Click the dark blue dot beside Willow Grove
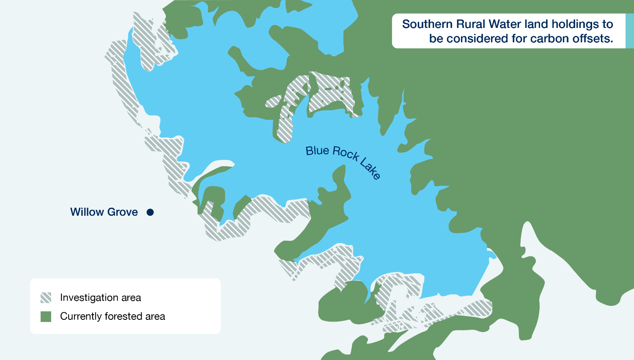(x=150, y=212)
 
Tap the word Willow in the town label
(x=86, y=212)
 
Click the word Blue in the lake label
(x=317, y=151)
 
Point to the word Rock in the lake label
(x=346, y=154)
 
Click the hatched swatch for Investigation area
(x=46, y=298)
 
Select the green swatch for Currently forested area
(x=46, y=316)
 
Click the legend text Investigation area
(x=101, y=298)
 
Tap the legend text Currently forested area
(x=113, y=316)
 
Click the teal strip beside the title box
(x=629, y=31)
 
